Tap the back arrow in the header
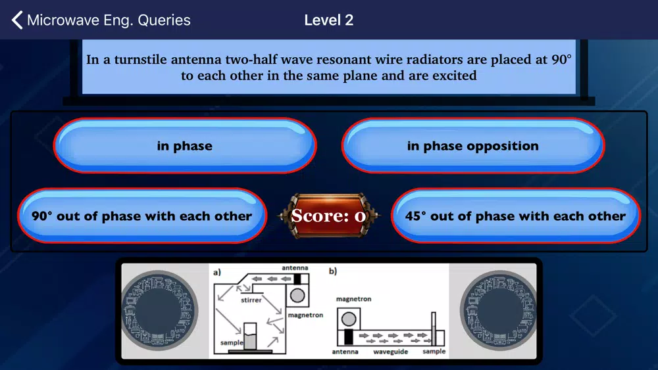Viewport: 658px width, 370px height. (17, 20)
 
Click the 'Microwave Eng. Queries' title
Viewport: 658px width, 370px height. (109, 20)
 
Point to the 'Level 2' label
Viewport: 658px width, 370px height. (328, 20)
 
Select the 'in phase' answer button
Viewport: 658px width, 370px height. (185, 145)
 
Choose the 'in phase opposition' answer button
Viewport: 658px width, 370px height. (473, 145)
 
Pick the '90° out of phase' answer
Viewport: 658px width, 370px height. (142, 216)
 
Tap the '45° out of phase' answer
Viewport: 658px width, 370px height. (515, 216)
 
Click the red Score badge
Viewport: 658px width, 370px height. (328, 216)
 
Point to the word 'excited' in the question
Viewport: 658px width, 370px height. (455, 76)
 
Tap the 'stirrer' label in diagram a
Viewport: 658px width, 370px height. (251, 300)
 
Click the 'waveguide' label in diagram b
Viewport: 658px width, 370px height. (390, 352)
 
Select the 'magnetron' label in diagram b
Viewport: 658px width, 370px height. (354, 299)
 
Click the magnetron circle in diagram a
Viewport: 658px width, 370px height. (297, 296)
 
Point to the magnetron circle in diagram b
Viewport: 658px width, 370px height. (349, 319)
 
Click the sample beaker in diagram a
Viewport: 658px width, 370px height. (250, 336)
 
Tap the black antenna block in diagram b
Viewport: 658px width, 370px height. (348, 337)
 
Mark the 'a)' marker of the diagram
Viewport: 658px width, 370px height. (217, 272)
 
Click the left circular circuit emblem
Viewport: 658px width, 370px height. (160, 310)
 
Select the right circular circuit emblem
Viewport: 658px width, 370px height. (499, 310)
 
